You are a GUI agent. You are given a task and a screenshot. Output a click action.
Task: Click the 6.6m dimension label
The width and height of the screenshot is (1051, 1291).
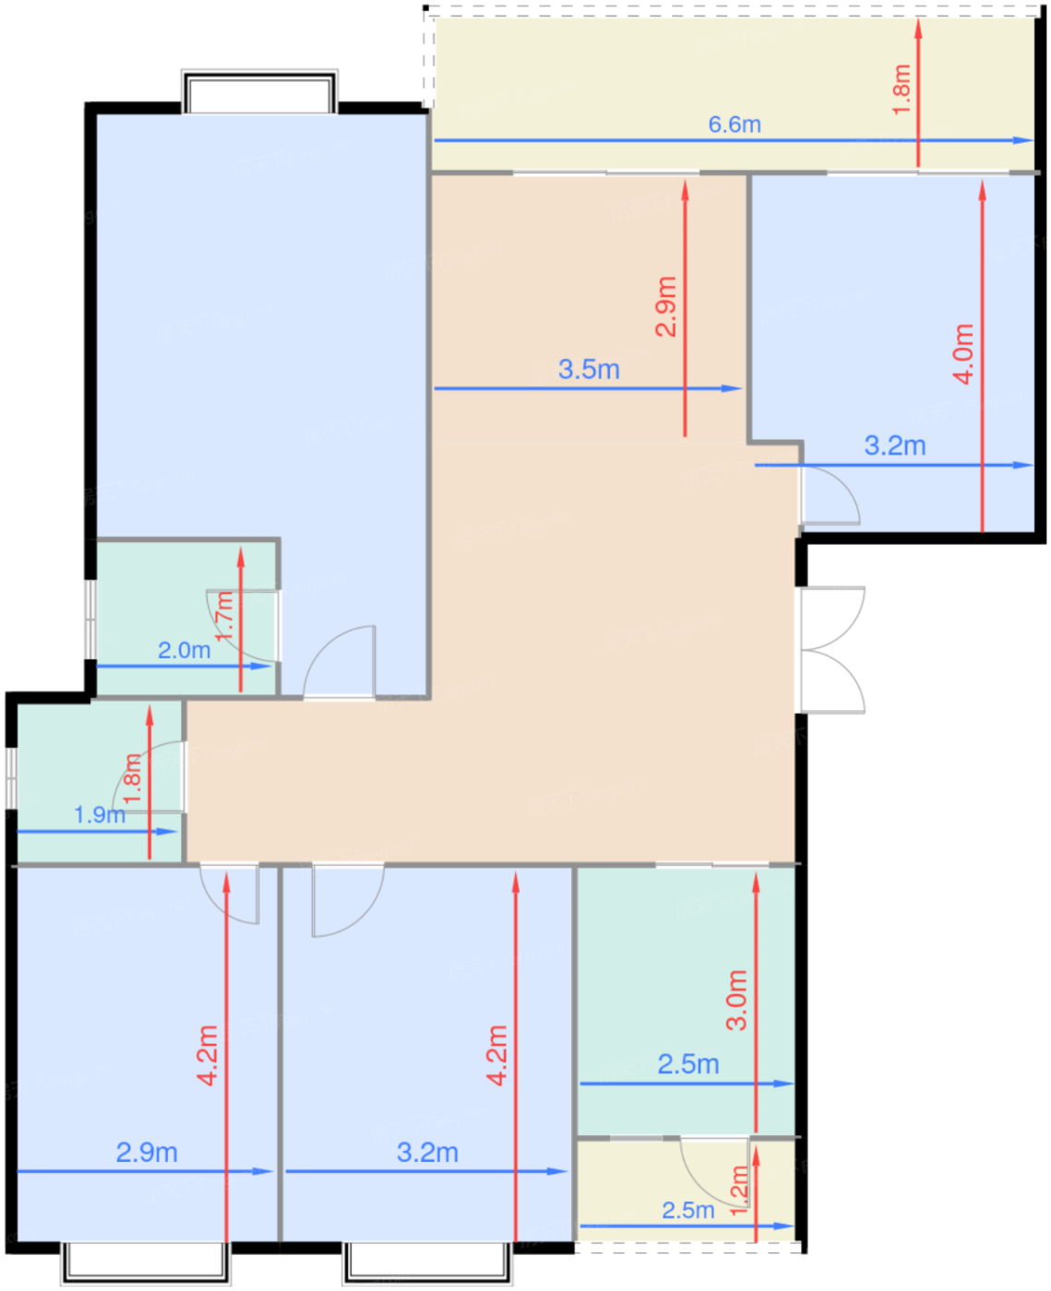click(734, 124)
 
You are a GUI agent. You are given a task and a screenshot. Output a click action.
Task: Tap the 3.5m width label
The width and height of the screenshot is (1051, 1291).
click(589, 370)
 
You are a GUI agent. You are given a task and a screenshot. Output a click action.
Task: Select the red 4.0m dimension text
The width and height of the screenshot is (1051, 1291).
click(963, 354)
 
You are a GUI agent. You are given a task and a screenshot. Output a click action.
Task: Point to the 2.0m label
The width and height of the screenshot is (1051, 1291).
click(184, 650)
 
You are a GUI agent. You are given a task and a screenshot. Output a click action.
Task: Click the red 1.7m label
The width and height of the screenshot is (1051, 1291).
click(224, 616)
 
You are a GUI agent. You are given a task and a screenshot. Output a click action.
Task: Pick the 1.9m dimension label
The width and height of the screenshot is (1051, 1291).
click(100, 814)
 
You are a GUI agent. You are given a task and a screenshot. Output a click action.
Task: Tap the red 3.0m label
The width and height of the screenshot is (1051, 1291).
click(736, 1001)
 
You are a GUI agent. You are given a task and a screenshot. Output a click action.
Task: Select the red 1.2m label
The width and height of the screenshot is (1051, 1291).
click(738, 1190)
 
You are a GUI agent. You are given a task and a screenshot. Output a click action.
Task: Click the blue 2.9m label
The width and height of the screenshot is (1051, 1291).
click(147, 1152)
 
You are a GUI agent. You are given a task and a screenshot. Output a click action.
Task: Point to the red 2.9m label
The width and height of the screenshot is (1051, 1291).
click(665, 306)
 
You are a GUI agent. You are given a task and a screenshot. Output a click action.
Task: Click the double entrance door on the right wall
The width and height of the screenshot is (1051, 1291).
click(830, 649)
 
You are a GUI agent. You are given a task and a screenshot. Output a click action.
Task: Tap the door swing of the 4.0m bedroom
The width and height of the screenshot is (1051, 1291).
click(830, 494)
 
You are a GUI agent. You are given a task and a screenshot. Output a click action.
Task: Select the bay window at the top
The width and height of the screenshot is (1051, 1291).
click(259, 91)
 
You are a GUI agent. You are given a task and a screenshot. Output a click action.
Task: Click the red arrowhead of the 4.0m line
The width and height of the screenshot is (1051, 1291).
click(982, 190)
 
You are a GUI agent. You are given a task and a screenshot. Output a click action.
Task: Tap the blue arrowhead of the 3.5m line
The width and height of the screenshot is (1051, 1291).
click(732, 388)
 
